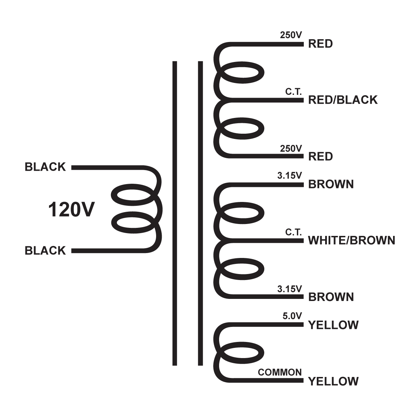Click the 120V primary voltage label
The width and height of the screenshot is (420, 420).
(71, 210)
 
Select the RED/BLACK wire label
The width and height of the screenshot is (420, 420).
(343, 100)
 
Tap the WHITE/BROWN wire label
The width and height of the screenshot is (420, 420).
(351, 240)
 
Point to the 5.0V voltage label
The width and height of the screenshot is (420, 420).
(292, 316)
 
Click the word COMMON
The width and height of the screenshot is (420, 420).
(280, 372)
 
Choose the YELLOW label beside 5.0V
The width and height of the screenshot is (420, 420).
(333, 325)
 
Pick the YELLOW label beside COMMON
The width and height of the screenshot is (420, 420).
(333, 381)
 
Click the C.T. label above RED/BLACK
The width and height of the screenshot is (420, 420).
(293, 92)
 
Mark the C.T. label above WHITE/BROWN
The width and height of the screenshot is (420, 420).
(293, 232)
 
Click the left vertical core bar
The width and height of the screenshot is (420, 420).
(175, 213)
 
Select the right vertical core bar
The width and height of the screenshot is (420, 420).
(200, 213)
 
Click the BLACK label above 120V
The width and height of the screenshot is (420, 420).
(45, 167)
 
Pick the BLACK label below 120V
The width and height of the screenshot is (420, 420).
(45, 251)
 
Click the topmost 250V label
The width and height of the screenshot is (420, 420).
(291, 35)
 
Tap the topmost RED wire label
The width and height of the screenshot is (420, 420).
(320, 44)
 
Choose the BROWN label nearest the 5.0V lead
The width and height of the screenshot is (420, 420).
(331, 297)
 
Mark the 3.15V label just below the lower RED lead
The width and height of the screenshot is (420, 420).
(289, 176)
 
